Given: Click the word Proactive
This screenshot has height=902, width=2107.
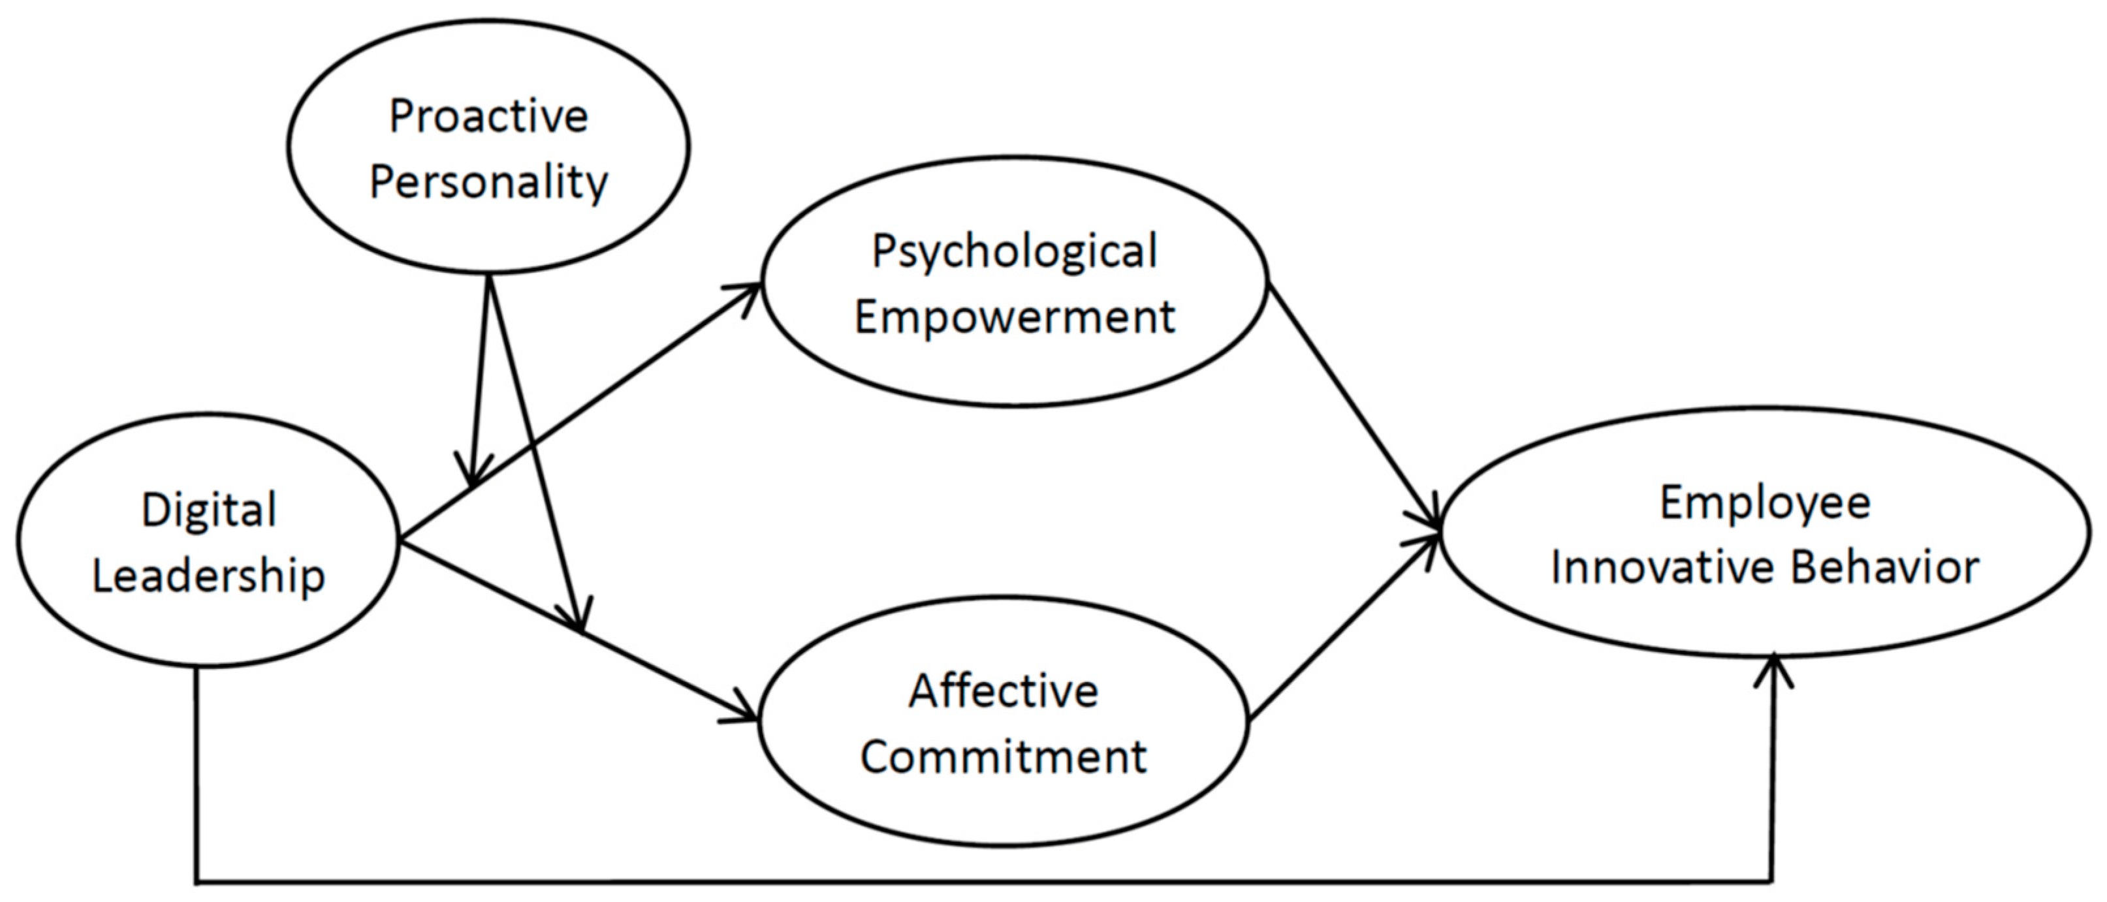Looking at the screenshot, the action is (488, 116).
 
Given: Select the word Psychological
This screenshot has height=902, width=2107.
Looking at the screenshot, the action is (1014, 252).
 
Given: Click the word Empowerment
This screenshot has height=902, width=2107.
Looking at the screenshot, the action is (1014, 317).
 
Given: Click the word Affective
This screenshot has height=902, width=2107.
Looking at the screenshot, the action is (1004, 691).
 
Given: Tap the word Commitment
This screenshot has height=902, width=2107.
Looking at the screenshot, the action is (1004, 756).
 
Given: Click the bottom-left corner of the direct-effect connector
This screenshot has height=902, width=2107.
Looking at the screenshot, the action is (197, 882).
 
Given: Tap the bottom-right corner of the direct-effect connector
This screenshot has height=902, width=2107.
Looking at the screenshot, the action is (1771, 882).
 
